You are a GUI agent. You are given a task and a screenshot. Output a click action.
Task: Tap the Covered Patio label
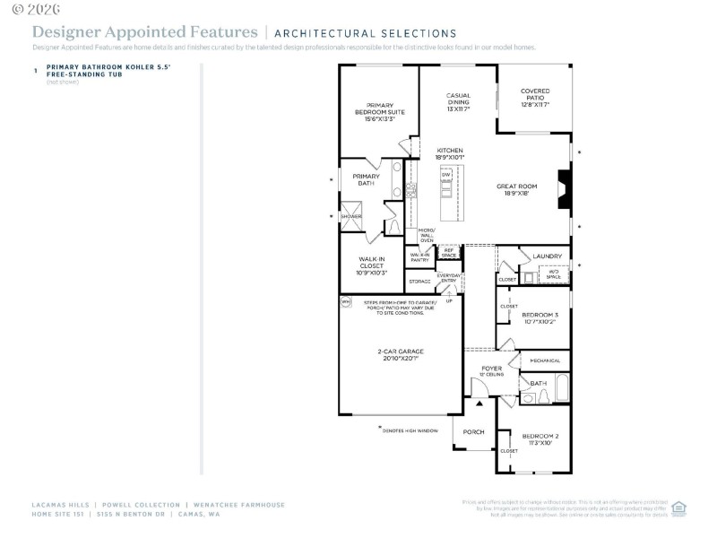pyautogui.click(x=535, y=98)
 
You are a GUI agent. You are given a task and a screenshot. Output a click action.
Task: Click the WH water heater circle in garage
pyautogui.click(x=345, y=302)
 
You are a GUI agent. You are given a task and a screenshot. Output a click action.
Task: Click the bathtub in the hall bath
pyautogui.click(x=561, y=387)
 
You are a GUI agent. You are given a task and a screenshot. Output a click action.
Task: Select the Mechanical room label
pyautogui.click(x=544, y=360)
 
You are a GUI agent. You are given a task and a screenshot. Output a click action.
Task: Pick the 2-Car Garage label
pyautogui.click(x=400, y=354)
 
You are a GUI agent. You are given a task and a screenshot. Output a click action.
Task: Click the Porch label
pyautogui.click(x=473, y=432)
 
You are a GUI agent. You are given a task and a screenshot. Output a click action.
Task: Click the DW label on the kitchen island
pyautogui.click(x=445, y=175)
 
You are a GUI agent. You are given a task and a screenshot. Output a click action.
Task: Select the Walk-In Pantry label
pyautogui.click(x=421, y=256)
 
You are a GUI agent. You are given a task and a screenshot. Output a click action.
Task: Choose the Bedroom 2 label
pyautogui.click(x=540, y=438)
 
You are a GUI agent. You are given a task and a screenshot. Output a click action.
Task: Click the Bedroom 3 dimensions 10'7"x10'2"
pyautogui.click(x=540, y=321)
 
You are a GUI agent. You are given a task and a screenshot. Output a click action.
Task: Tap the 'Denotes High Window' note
pyautogui.click(x=409, y=430)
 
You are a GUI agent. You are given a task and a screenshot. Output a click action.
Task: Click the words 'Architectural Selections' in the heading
pyautogui.click(x=365, y=33)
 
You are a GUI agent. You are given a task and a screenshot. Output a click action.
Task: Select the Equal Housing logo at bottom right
pyautogui.click(x=678, y=507)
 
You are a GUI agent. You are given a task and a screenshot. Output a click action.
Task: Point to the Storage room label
pyautogui.click(x=419, y=282)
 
